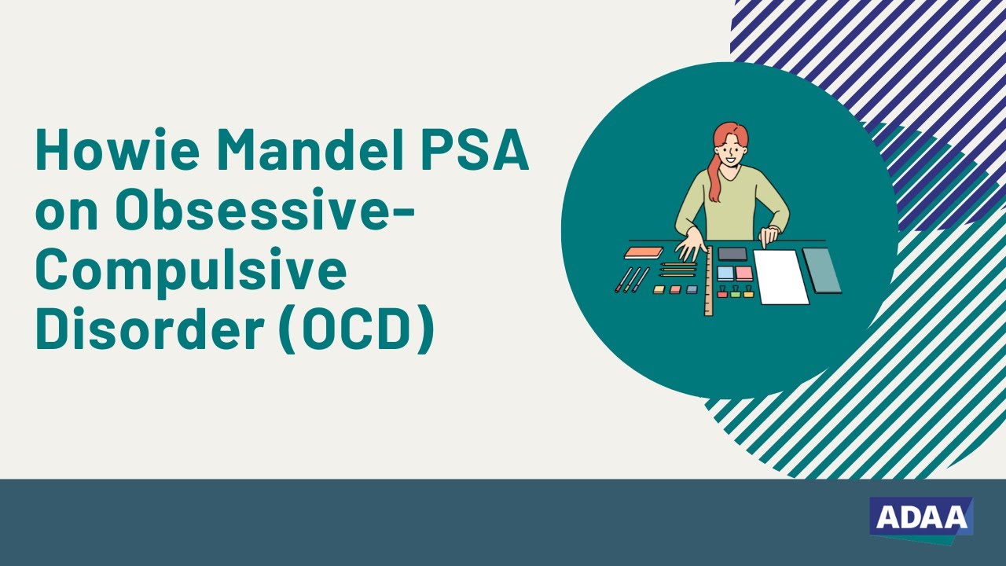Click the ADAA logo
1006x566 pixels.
coord(921,518)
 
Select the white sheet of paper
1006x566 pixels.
coord(780,277)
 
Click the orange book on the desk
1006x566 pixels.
coord(644,252)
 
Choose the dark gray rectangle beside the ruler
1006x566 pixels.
coord(732,253)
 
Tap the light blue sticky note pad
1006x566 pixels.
coord(725,273)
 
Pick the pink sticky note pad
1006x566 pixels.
coord(743,273)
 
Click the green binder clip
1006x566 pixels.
coord(736,292)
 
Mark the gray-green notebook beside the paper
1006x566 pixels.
coord(822,270)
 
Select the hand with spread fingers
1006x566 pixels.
coord(691,244)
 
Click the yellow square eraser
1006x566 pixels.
coord(659,289)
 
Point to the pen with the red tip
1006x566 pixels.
coord(621,281)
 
